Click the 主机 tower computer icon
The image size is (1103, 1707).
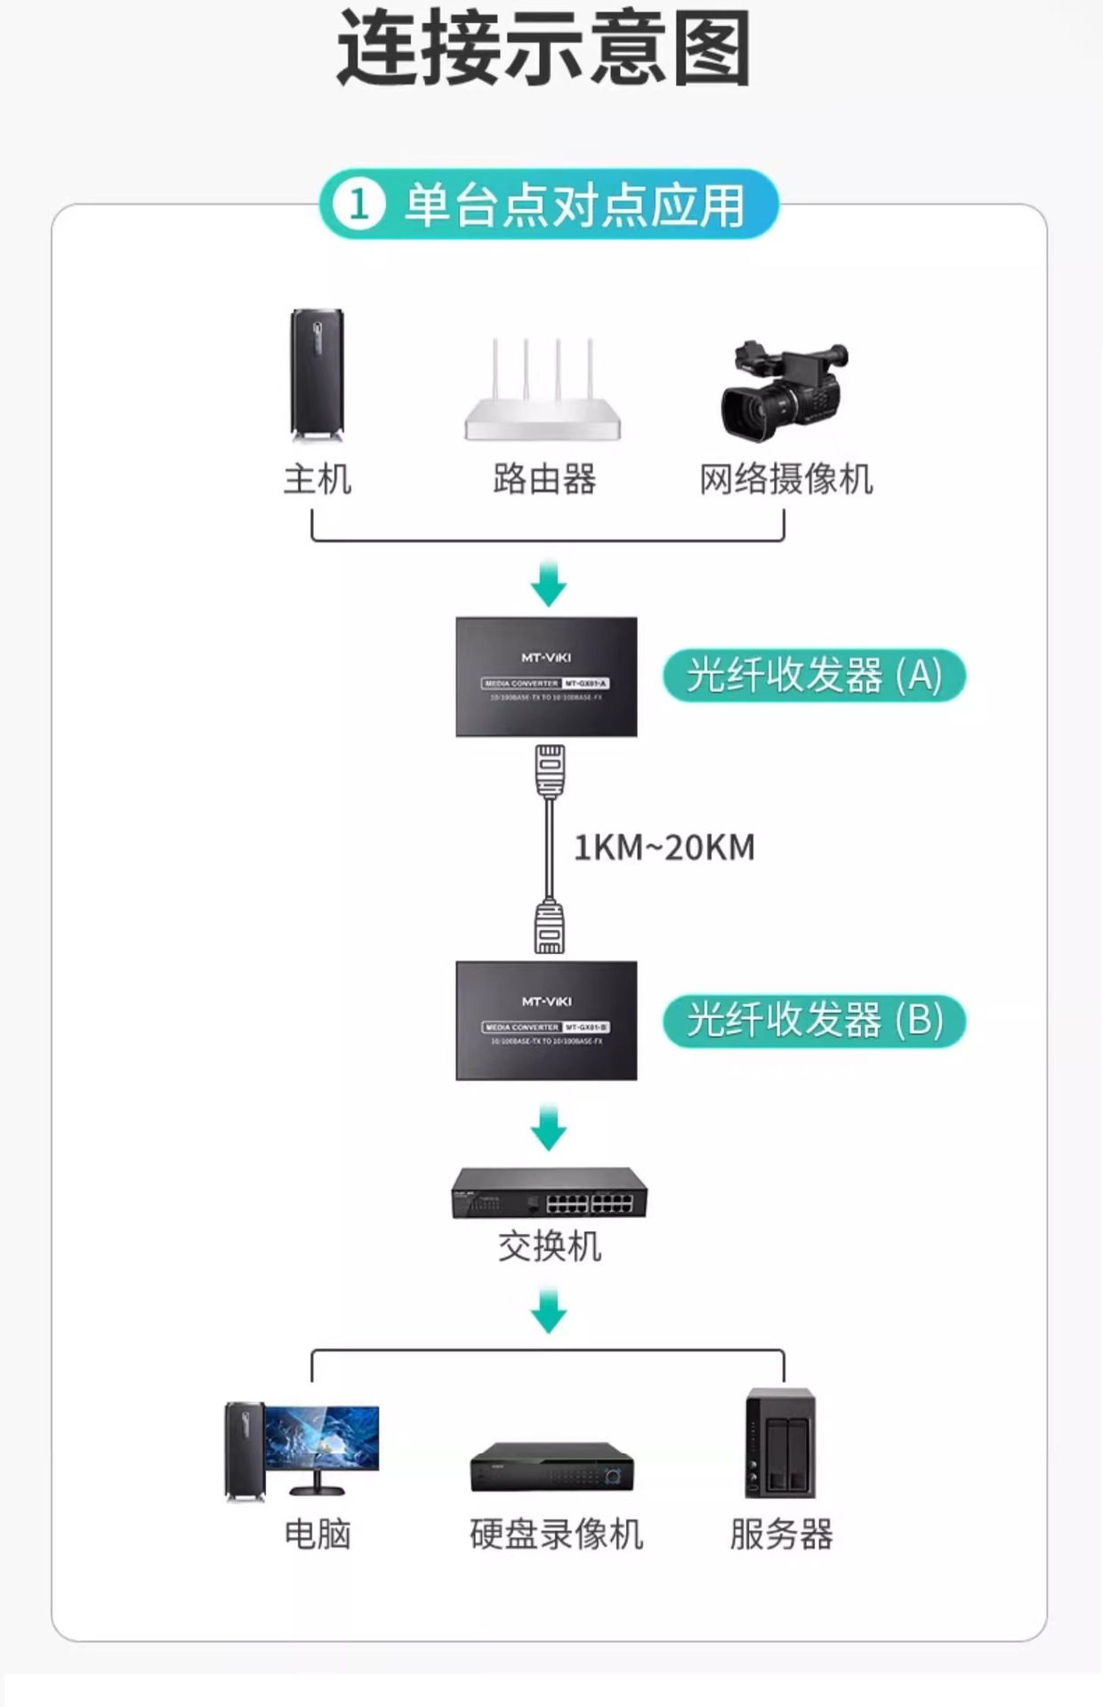317,374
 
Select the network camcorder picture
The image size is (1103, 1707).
783,391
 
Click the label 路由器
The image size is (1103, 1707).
544,479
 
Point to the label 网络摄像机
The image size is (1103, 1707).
786,479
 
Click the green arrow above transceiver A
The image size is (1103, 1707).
549,584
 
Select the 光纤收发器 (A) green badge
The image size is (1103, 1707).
814,676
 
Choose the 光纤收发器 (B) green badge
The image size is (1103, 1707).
814,1020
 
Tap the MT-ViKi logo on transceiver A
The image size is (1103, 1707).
546,658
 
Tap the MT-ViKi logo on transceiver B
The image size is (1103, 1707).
546,1002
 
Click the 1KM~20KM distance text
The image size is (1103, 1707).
664,847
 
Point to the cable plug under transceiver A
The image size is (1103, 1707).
550,770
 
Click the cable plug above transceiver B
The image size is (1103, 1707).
549,927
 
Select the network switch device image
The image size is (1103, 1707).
550,1193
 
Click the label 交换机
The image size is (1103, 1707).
550,1246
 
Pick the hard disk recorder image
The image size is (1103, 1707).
552,1468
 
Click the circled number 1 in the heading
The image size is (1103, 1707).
359,204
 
